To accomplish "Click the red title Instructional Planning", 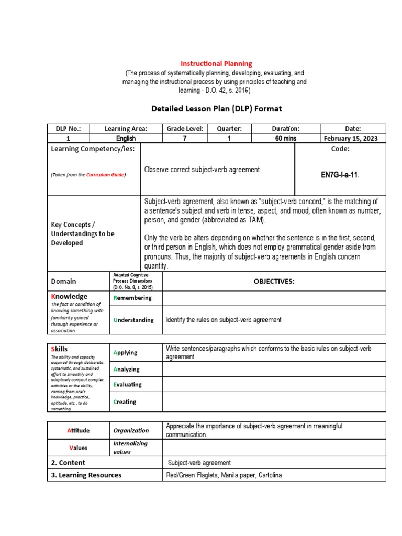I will [216, 63].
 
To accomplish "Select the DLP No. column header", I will [68, 129].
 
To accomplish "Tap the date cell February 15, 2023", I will [352, 139].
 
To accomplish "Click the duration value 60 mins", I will [285, 139].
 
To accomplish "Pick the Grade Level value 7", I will [185, 139].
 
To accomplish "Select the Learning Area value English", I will [126, 139].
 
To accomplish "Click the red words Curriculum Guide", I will [105, 175].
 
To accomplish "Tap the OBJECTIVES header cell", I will [274, 281].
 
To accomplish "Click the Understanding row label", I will [133, 320].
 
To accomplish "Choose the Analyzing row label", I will [126, 369].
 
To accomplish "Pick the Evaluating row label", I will [127, 384].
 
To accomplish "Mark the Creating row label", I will [125, 402].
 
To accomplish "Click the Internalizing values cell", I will [131, 448].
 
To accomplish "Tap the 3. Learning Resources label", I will [86, 475].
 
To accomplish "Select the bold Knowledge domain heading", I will [69, 296].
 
